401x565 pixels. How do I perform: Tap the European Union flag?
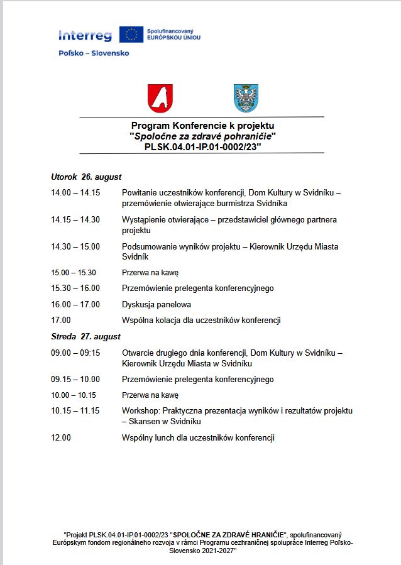pyautogui.click(x=131, y=35)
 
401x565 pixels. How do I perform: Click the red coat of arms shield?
pyautogui.click(x=160, y=97)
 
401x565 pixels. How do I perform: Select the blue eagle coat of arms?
pyautogui.click(x=246, y=97)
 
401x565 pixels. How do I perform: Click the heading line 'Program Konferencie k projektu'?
pyautogui.click(x=202, y=126)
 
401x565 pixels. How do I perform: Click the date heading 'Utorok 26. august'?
pyautogui.click(x=86, y=177)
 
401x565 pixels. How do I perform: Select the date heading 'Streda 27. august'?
pyautogui.click(x=85, y=336)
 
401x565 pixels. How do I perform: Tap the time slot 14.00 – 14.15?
pyautogui.click(x=75, y=193)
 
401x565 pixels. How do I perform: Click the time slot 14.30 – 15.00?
pyautogui.click(x=75, y=246)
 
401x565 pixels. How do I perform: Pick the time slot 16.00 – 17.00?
pyautogui.click(x=75, y=304)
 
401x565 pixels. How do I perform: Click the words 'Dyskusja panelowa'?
pyautogui.click(x=157, y=304)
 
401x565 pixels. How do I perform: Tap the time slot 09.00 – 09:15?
pyautogui.click(x=75, y=353)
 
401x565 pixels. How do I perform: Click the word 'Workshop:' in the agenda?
pyautogui.click(x=140, y=410)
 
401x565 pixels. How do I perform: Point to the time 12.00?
pyautogui.click(x=61, y=437)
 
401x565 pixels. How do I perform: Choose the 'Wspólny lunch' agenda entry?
pyautogui.click(x=198, y=437)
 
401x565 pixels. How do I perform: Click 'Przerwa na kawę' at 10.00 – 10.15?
pyautogui.click(x=150, y=395)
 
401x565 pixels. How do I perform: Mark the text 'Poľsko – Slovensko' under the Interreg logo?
pyautogui.click(x=94, y=53)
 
